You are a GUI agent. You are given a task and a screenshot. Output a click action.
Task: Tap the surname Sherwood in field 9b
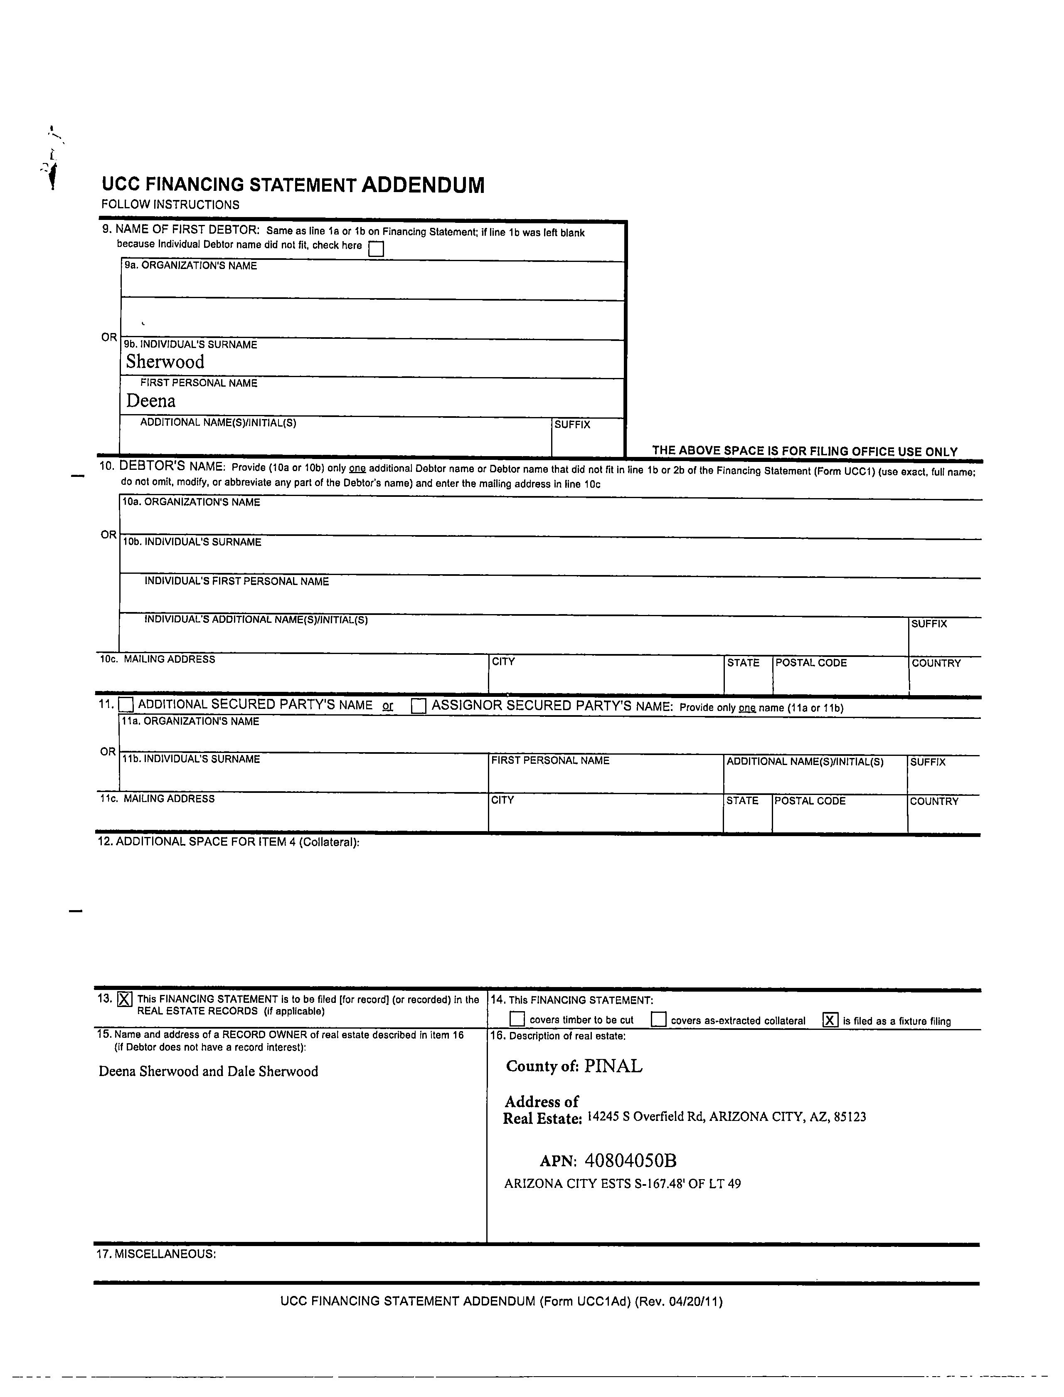pyautogui.click(x=165, y=362)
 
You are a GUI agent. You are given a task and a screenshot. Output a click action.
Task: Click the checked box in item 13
pyautogui.click(x=125, y=1000)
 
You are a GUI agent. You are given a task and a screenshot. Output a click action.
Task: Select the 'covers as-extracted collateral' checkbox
pyautogui.click(x=659, y=1019)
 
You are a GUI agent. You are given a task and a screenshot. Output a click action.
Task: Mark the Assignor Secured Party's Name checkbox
pyautogui.click(x=419, y=706)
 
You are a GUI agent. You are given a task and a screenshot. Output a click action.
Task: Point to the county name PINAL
pyautogui.click(x=613, y=1066)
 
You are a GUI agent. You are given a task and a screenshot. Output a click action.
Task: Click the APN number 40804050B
pyautogui.click(x=631, y=1161)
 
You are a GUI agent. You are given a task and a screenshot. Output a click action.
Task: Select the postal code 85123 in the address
pyautogui.click(x=850, y=1117)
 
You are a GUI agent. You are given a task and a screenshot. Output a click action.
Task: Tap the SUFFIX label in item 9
pyautogui.click(x=572, y=425)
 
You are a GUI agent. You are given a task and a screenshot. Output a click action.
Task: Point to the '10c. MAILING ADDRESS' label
pyautogui.click(x=157, y=659)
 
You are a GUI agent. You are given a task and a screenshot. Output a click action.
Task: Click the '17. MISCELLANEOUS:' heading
pyautogui.click(x=156, y=1254)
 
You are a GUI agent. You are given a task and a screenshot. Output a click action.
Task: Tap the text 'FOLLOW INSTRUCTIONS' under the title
pyautogui.click(x=170, y=205)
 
